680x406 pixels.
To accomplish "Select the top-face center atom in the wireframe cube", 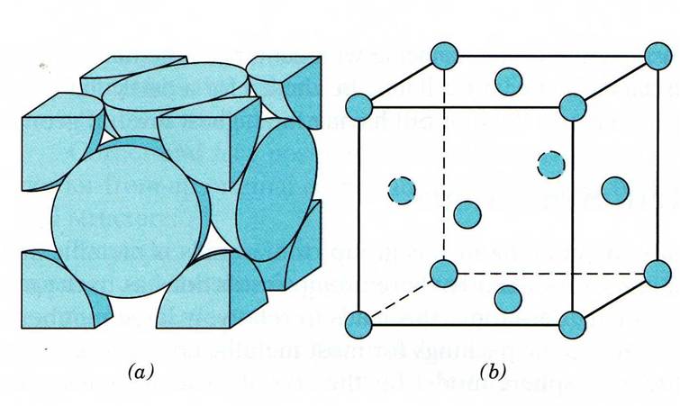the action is click(x=510, y=78).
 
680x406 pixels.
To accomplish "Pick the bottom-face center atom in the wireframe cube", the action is click(x=510, y=296).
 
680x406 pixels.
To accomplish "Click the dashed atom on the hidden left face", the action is click(x=401, y=190).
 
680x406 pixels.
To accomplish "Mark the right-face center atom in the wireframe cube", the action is click(x=614, y=189).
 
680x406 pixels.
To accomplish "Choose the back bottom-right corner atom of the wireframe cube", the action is click(x=658, y=271).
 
